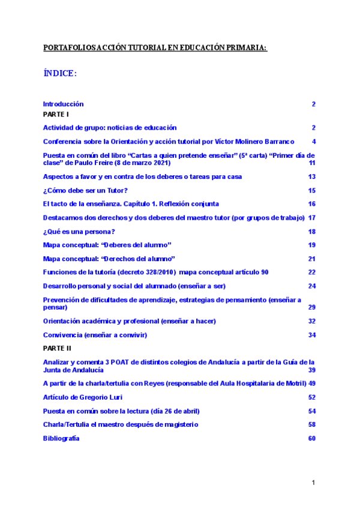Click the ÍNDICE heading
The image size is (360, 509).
coord(59,73)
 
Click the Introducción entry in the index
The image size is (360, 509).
coord(63,104)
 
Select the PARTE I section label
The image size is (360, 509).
coord(56,113)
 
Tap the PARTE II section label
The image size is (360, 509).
coord(57,348)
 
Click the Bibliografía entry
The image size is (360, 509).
coord(61,438)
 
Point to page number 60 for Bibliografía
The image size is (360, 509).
coord(312,438)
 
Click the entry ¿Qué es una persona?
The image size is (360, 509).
coord(79,232)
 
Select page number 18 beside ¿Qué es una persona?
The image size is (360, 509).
coord(312,232)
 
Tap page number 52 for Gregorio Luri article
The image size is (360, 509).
coord(312,397)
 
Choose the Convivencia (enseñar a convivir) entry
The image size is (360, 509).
coord(95,334)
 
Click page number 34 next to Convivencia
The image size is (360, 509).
coord(312,334)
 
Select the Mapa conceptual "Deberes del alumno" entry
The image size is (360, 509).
coord(107,245)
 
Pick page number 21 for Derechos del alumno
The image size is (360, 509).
coord(312,258)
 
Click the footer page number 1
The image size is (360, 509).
coord(313,483)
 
